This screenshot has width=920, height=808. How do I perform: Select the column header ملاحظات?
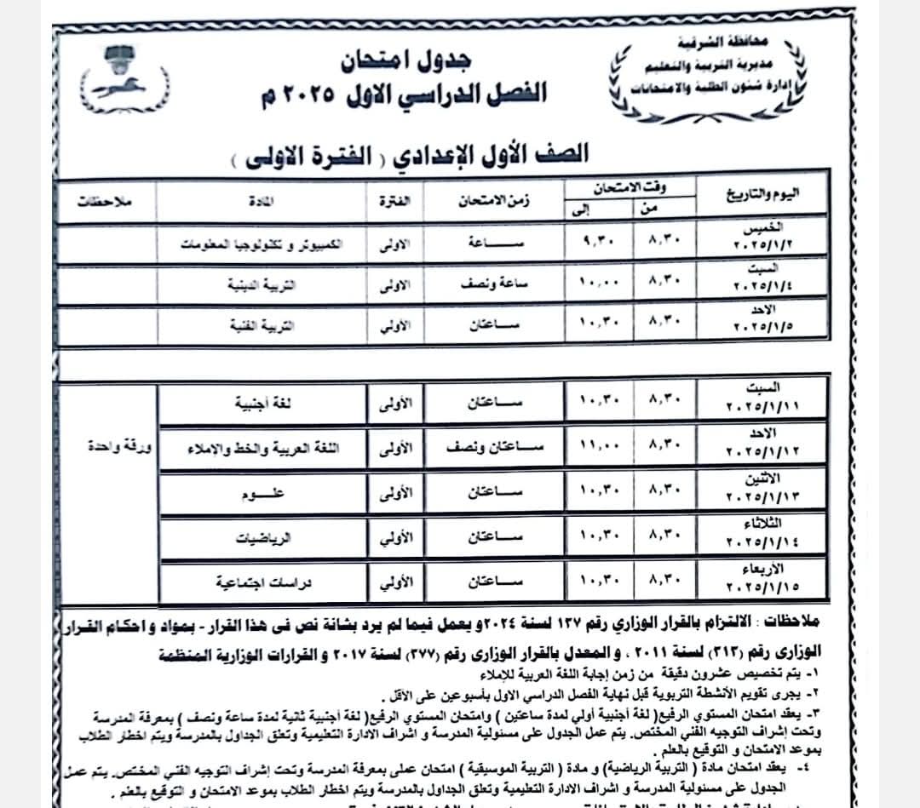click(x=101, y=202)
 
